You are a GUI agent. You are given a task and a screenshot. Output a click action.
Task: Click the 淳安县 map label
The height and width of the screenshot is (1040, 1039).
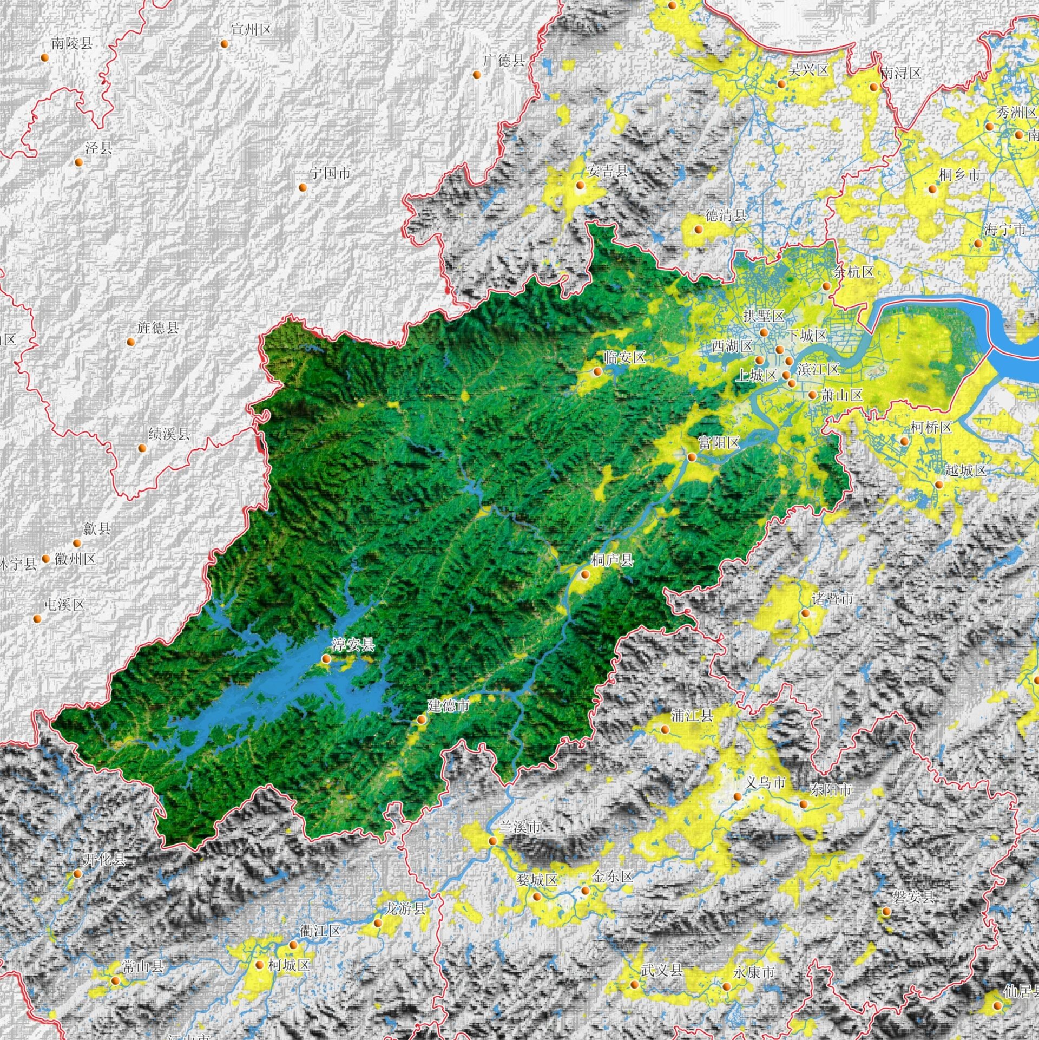point(353,644)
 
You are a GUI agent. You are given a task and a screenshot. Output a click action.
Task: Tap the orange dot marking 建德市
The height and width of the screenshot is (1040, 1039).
point(421,720)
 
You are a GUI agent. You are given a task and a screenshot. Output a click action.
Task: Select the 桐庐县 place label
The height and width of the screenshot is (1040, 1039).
point(612,560)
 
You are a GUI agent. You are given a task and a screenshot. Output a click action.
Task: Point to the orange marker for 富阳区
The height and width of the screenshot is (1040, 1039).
point(692,457)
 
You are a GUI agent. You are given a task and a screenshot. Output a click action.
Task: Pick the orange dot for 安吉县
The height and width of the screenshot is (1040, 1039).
point(580,186)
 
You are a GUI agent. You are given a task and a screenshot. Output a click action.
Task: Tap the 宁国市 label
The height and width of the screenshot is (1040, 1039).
point(330,173)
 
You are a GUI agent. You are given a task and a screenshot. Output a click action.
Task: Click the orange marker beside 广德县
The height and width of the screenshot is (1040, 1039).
point(477,75)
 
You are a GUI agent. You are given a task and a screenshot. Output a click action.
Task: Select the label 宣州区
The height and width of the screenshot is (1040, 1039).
point(251,30)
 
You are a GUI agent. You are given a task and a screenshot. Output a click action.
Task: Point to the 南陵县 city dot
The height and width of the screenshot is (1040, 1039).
point(45,57)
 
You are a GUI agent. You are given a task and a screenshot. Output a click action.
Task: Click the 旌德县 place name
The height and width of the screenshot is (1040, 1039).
point(157,328)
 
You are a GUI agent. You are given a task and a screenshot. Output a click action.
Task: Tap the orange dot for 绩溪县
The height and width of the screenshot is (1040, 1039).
point(142,448)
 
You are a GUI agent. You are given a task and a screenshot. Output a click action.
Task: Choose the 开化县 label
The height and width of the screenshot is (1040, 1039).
point(104,859)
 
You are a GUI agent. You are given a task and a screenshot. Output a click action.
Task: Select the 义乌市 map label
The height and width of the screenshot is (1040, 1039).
point(765,782)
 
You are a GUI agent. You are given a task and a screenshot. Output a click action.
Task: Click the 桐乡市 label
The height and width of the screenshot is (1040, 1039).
point(959,175)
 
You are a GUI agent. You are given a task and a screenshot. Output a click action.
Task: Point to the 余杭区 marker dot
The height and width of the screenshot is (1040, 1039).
point(826,286)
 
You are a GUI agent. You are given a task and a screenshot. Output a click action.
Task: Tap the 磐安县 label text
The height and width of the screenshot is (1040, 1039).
point(913,897)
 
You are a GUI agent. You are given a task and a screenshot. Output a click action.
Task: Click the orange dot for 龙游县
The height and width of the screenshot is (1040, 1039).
point(378,923)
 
